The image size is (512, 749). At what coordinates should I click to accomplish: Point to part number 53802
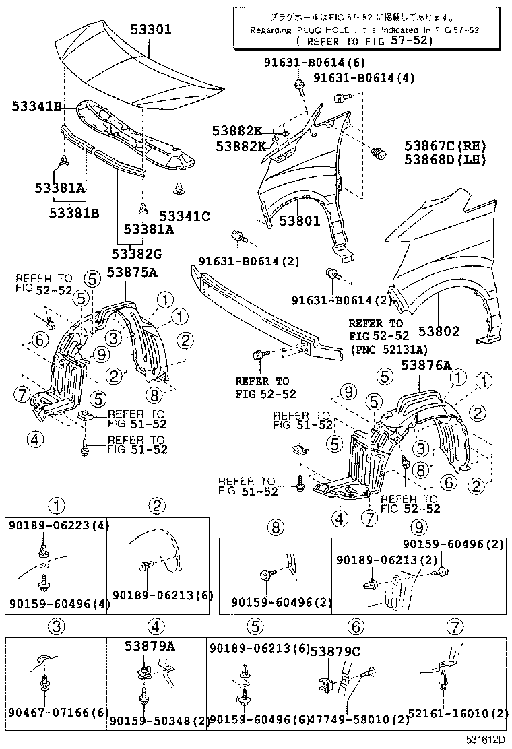tap(439, 331)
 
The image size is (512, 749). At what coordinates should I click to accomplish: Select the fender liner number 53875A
tap(132, 272)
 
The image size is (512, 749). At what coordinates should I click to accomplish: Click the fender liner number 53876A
tap(426, 366)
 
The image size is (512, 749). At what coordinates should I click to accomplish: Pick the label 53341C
tap(185, 216)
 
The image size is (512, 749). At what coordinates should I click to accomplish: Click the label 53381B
tap(74, 213)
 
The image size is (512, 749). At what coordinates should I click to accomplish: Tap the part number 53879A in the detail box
tap(150, 646)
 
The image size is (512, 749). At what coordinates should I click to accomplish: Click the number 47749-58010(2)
tap(358, 720)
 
